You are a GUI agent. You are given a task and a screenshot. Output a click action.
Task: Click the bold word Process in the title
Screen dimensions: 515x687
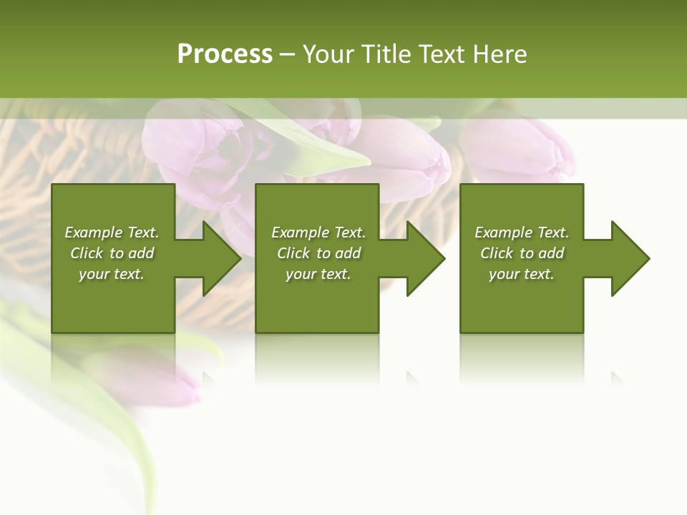coord(225,54)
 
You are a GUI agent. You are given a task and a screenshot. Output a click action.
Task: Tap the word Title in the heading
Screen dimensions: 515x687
coord(384,54)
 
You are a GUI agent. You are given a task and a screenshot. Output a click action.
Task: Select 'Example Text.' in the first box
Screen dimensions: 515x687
coord(112,232)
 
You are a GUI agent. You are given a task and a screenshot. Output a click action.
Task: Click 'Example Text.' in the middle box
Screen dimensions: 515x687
coord(318,232)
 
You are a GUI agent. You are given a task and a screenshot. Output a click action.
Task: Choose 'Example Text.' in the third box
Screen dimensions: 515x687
coord(522,232)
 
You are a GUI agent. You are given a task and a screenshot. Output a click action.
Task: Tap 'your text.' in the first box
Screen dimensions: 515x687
coord(112,274)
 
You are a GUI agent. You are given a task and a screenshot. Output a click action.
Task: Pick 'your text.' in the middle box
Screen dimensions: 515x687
coord(318,274)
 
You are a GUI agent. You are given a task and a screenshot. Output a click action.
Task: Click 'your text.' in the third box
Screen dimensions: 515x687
coord(522,274)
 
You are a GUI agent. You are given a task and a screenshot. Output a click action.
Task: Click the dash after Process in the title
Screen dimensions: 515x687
coord(288,54)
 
